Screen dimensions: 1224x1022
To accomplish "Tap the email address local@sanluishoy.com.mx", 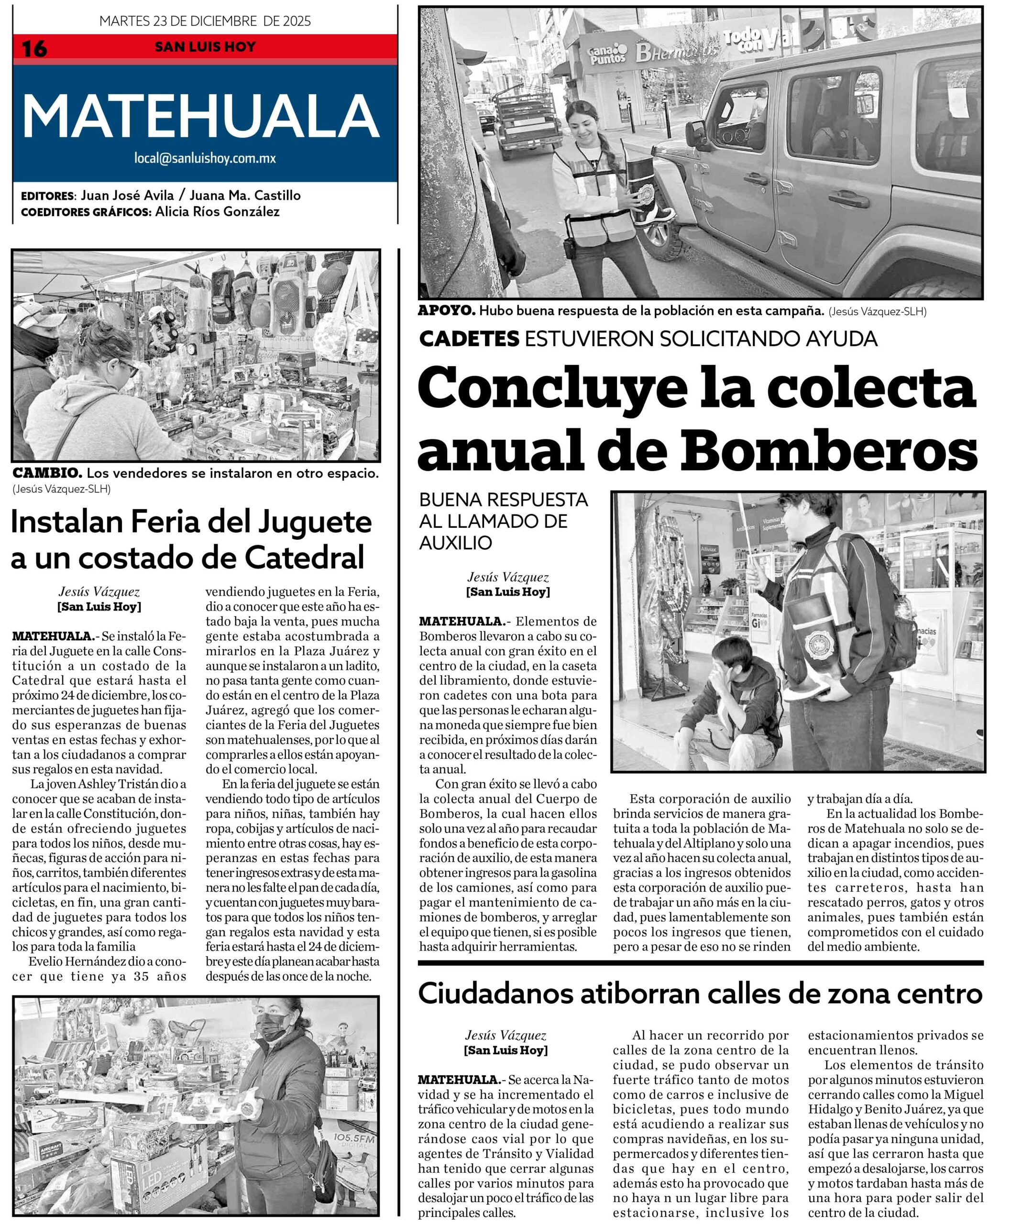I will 205,158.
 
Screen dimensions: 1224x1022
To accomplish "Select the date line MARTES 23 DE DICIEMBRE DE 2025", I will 205,22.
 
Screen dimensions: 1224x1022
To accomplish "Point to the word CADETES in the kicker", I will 469,339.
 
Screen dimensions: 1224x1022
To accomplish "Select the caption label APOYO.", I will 446,311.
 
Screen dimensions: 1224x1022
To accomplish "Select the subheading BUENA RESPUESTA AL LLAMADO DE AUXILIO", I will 504,521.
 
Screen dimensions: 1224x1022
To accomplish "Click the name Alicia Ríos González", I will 218,212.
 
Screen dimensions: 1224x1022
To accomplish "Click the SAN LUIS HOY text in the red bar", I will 205,47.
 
